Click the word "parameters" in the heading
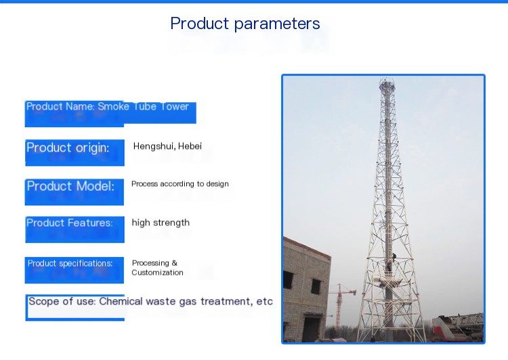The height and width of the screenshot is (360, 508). point(277,24)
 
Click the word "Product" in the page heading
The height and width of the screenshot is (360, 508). point(200,23)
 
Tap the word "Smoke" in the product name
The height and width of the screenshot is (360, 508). point(113,106)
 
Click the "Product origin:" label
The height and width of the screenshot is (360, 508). point(68,148)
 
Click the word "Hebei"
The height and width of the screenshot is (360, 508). point(190,146)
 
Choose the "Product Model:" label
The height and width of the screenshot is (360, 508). point(70,186)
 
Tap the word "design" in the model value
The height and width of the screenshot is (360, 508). point(217,184)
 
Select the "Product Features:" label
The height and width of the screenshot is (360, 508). point(70,223)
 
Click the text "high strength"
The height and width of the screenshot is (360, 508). point(161,223)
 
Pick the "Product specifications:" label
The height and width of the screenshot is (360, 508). point(70,263)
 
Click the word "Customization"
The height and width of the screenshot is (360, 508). point(157,273)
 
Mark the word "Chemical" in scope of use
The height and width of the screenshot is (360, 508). point(121,301)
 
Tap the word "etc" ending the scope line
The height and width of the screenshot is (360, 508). point(264,302)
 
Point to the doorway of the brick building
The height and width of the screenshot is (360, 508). point(311,328)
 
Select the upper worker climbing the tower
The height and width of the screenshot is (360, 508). point(394,258)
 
